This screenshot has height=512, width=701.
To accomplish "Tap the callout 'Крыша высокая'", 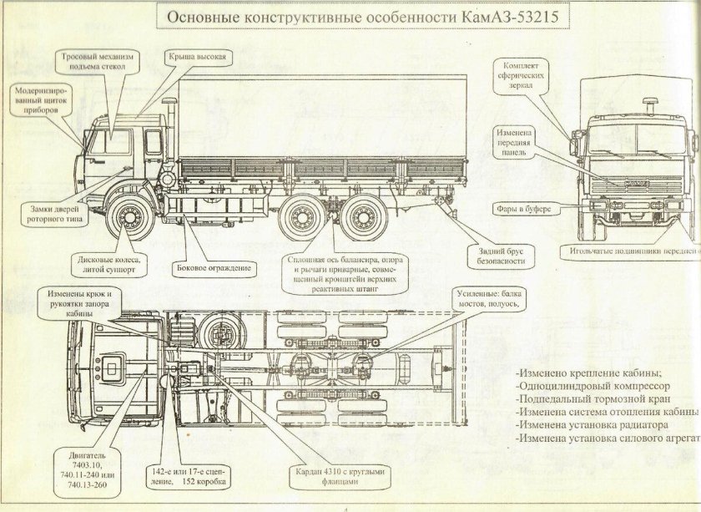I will (197, 57).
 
